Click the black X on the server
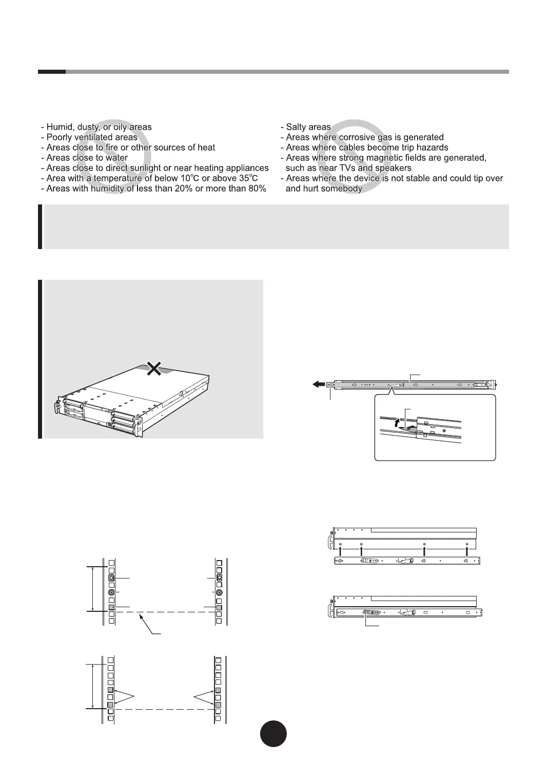coord(153,367)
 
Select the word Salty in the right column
coord(297,127)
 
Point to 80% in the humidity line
coord(257,189)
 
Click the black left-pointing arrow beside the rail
coord(318,384)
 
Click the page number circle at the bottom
coord(273,733)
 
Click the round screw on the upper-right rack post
coord(219,592)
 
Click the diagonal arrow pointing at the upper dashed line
coord(146,625)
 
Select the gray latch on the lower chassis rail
coord(372,612)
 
